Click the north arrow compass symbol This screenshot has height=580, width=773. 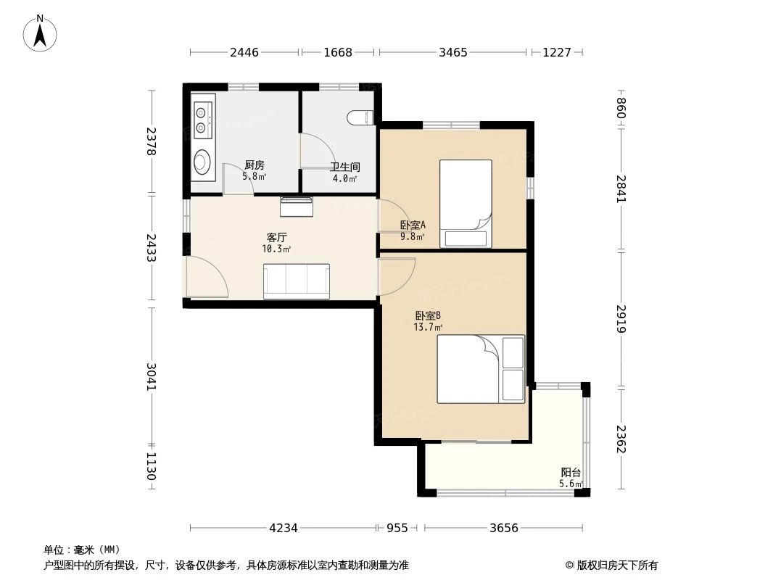pyautogui.click(x=40, y=33)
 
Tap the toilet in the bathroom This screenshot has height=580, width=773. pyautogui.click(x=360, y=117)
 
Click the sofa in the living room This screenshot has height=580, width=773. pyautogui.click(x=297, y=281)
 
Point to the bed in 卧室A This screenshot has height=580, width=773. pyautogui.click(x=466, y=203)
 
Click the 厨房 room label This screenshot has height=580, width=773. pyautogui.click(x=254, y=165)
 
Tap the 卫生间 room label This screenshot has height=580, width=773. pyautogui.click(x=344, y=167)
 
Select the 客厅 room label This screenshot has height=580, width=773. pyautogui.click(x=276, y=238)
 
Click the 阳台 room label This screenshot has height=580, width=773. pyautogui.click(x=571, y=472)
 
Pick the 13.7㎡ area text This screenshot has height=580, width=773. pyautogui.click(x=427, y=327)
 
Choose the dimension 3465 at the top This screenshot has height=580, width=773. pyautogui.click(x=453, y=52)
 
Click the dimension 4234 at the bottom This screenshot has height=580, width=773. pyautogui.click(x=284, y=529)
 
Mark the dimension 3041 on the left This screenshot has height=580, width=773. pyautogui.click(x=152, y=376)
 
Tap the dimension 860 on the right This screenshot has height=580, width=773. pyautogui.click(x=621, y=108)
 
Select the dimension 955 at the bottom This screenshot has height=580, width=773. pyautogui.click(x=397, y=529)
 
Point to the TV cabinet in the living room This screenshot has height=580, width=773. pyautogui.click(x=297, y=207)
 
